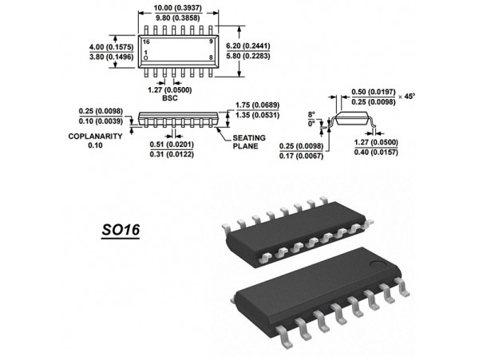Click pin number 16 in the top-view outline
point(147,41)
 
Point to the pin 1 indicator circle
point(146,59)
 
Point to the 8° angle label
point(313,114)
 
